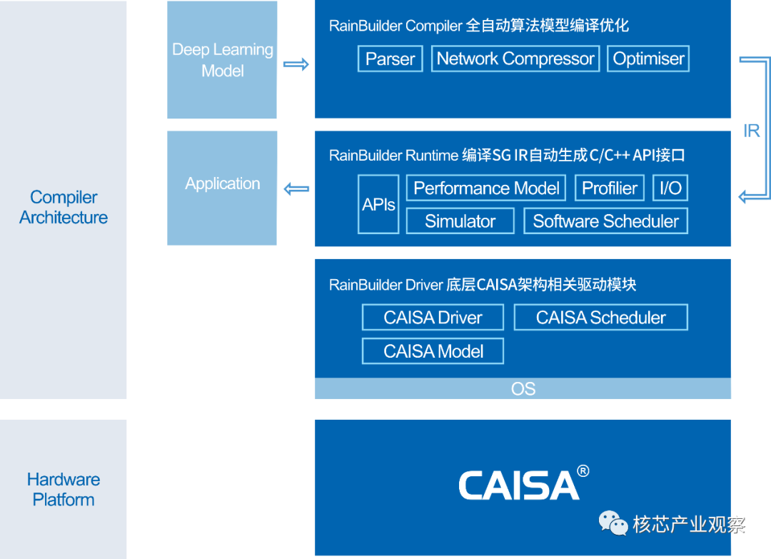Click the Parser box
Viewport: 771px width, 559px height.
point(390,59)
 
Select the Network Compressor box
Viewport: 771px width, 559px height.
point(515,59)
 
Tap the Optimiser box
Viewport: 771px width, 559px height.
point(648,59)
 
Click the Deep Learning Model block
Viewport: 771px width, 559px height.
point(222,59)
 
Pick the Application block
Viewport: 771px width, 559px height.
point(222,188)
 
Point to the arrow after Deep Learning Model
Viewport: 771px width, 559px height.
point(296,64)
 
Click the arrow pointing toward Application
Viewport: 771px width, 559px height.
point(296,188)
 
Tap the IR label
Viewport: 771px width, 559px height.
point(751,131)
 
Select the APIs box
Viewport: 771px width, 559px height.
point(378,204)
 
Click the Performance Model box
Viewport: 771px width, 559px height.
point(486,188)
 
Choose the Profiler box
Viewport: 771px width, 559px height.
point(610,188)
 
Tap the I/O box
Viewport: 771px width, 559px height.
point(670,188)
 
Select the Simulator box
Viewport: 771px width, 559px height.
point(460,221)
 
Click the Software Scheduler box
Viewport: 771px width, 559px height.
point(606,221)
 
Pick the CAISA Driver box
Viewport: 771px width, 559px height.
point(433,317)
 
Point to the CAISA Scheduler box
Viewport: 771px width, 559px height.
point(601,317)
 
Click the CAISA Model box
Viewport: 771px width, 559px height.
point(433,351)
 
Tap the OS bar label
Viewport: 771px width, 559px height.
point(523,389)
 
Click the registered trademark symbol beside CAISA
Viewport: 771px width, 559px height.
point(583,471)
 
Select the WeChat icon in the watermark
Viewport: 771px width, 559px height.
point(613,523)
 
